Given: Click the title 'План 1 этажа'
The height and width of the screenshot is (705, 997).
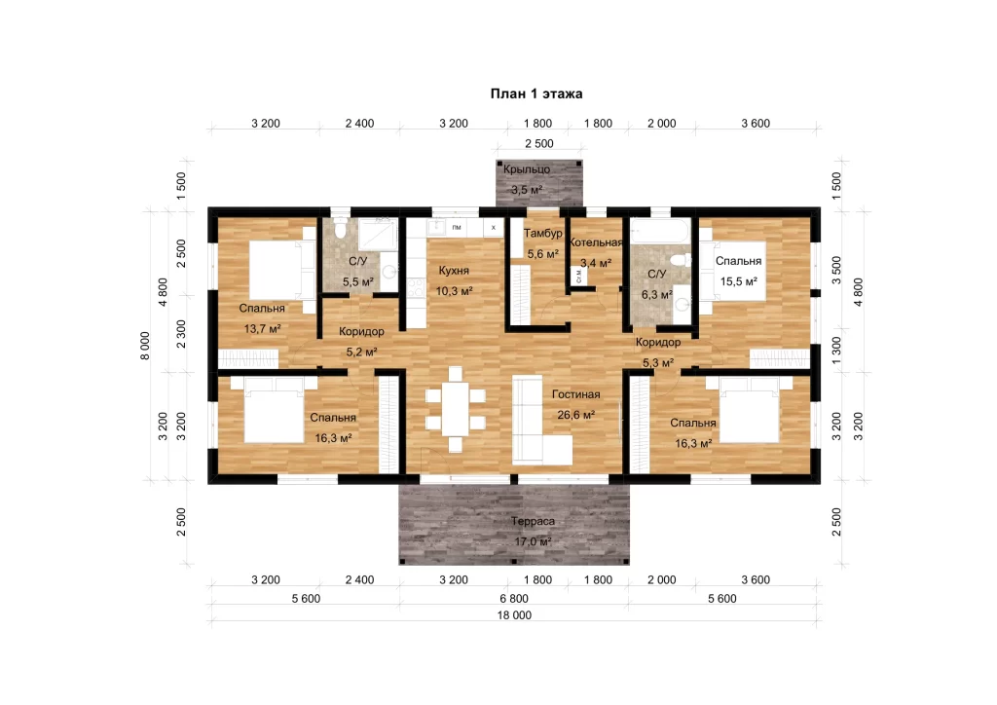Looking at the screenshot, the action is tap(536, 94).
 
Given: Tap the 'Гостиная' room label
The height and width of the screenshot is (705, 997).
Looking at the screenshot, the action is tap(575, 394).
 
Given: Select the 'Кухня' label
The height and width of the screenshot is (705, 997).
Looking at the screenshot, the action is tap(454, 270).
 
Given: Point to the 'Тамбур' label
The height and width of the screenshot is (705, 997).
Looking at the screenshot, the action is tap(543, 234).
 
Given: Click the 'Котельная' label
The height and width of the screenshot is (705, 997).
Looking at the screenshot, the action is tap(596, 242).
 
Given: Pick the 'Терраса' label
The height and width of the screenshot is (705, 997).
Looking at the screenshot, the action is tap(533, 521).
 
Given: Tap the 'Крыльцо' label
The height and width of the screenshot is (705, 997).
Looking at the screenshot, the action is tap(527, 169).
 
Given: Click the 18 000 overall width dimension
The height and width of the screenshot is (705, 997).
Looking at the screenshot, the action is tap(514, 615).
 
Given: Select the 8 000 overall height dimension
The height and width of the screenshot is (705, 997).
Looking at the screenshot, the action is tap(146, 346).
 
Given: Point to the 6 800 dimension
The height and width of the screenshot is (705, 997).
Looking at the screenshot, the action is tap(514, 598).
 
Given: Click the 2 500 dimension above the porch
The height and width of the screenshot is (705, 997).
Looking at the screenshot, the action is tap(539, 144).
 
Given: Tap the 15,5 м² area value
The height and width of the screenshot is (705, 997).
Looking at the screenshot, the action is tap(738, 281).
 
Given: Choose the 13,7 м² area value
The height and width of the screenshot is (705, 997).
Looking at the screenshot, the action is tap(263, 329).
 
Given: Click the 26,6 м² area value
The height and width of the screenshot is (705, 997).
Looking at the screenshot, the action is tap(576, 415).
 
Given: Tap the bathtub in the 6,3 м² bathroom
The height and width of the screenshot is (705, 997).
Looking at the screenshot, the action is tap(659, 231).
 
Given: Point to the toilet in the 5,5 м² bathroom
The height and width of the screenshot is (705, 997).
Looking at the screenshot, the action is tap(340, 228).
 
